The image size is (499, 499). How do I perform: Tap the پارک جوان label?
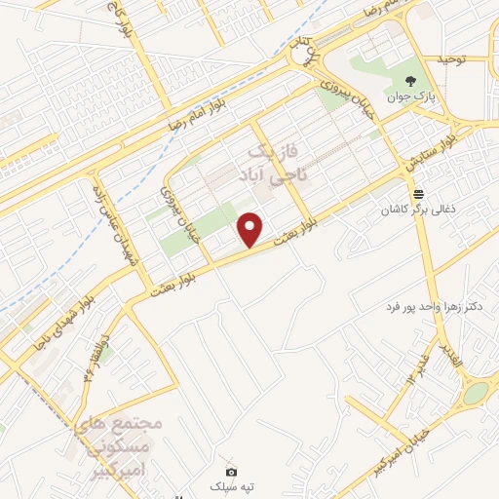[x=411, y=96]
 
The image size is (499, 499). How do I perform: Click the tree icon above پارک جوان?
[x=411, y=81]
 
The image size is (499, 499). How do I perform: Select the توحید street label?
[x=453, y=59]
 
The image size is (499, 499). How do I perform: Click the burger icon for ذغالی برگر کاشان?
[x=418, y=193]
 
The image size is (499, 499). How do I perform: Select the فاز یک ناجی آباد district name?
[x=270, y=163]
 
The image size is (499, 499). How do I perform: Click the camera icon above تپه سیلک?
[x=232, y=471]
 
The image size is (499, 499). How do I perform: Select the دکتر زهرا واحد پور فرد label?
[x=434, y=306]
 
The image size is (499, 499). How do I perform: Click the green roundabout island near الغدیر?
[x=474, y=395]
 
